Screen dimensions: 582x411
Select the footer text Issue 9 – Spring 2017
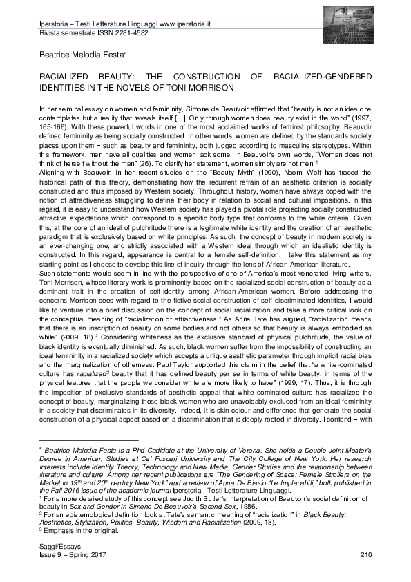coord(66,555)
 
